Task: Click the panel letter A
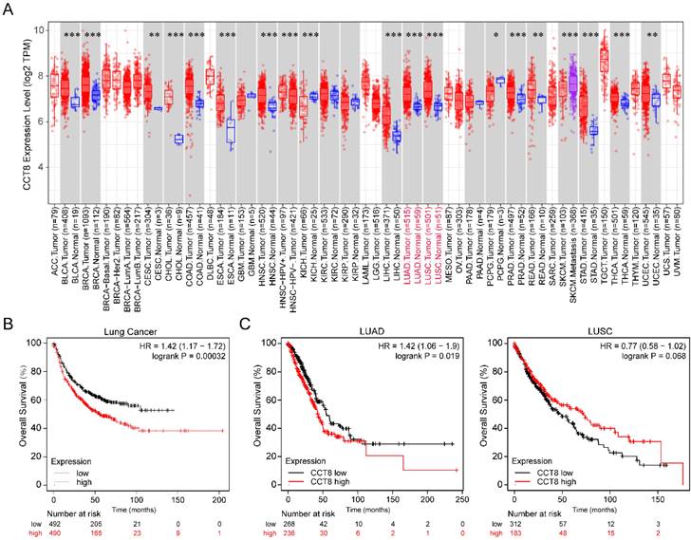[9, 9]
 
